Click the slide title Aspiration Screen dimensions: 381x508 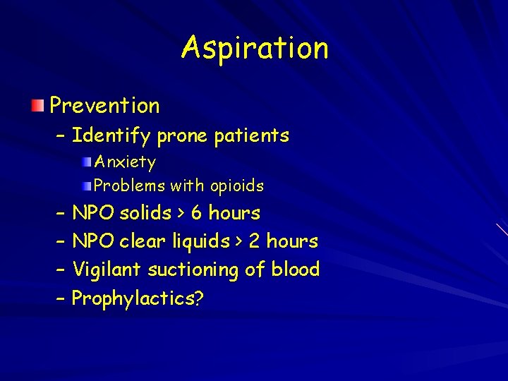pyautogui.click(x=255, y=49)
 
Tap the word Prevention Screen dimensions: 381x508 pyautogui.click(x=104, y=106)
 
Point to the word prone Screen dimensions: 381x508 pyautogui.click(x=182, y=135)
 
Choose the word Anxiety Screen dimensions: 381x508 pyautogui.click(x=125, y=162)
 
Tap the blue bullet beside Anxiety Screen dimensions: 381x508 pyautogui.click(x=86, y=162)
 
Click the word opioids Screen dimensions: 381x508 pyautogui.click(x=236, y=186)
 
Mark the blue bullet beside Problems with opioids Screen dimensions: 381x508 pyautogui.click(x=86, y=186)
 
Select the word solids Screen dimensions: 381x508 pyautogui.click(x=146, y=213)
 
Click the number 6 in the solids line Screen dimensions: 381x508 pyautogui.click(x=197, y=213)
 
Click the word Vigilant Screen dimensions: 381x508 pyautogui.click(x=105, y=270)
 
